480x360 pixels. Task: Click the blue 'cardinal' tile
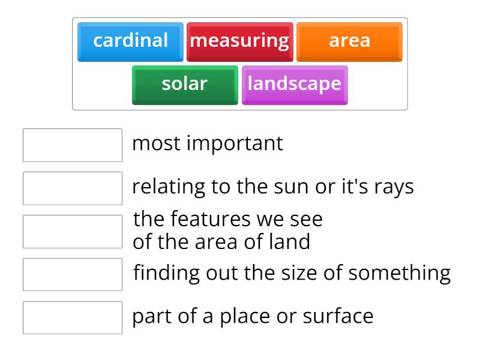pos(130,41)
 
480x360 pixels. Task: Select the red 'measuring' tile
pos(239,41)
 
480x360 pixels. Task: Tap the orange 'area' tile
pos(349,41)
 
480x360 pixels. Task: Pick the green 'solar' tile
pos(185,84)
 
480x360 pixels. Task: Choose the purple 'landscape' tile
pos(294,84)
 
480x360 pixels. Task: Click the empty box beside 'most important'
pos(73,145)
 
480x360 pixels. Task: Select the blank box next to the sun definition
pos(73,188)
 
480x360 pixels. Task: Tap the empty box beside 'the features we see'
pos(73,232)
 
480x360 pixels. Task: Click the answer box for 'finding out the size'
pos(73,275)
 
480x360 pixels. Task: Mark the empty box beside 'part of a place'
pos(73,317)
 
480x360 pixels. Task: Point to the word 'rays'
pos(394,187)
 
